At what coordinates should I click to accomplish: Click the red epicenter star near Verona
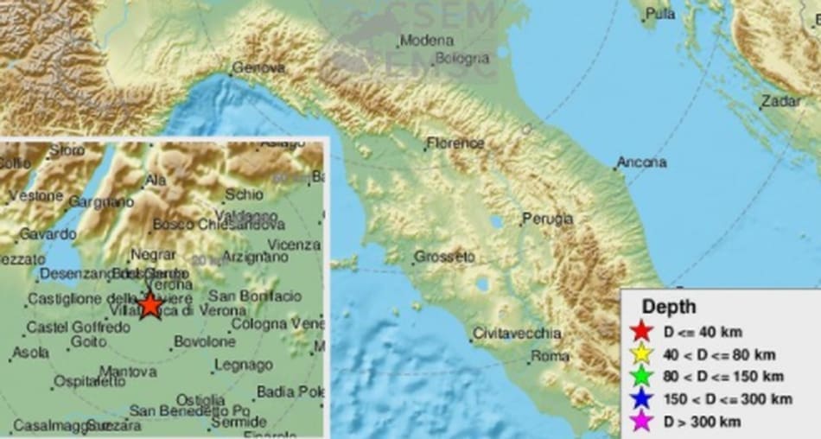pos(150,304)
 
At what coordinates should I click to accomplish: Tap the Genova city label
pos(260,67)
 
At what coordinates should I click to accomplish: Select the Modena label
pos(427,41)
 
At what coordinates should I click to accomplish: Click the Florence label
pos(455,143)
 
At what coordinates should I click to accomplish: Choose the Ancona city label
pos(641,162)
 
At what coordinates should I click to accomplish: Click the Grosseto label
pos(444,257)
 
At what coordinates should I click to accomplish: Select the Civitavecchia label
pos(517,334)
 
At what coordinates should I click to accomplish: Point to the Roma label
pos(550,355)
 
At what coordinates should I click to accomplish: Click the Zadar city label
pos(780,102)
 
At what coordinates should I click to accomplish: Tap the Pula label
pos(660,14)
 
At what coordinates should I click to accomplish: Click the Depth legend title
pos(668,307)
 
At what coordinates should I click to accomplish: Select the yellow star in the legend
pos(640,354)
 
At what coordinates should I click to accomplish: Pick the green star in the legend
pos(640,377)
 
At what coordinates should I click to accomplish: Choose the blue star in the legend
pos(640,399)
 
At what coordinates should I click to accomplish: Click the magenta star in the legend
pos(640,422)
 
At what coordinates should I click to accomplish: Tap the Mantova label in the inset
pos(127,372)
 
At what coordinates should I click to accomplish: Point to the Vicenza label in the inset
pos(294,245)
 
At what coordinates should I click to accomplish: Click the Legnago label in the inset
pos(243,366)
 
